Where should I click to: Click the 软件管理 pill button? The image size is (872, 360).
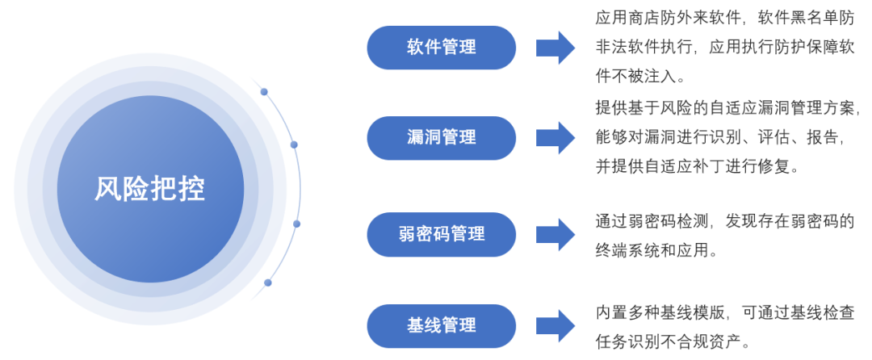(x=441, y=47)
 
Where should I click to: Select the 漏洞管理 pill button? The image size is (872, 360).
(x=441, y=137)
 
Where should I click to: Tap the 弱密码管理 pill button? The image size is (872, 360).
(x=441, y=234)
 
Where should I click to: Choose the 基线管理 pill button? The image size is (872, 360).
(x=441, y=325)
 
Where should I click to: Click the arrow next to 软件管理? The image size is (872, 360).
(x=555, y=47)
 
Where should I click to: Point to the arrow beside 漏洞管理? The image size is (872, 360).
(x=555, y=137)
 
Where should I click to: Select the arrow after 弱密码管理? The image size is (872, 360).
(x=555, y=234)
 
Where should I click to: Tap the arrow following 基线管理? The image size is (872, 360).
(x=555, y=325)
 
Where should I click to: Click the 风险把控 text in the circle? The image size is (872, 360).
(x=150, y=189)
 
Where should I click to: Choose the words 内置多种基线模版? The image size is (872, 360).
(x=662, y=312)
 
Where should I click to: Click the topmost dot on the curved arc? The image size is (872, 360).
(x=263, y=92)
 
